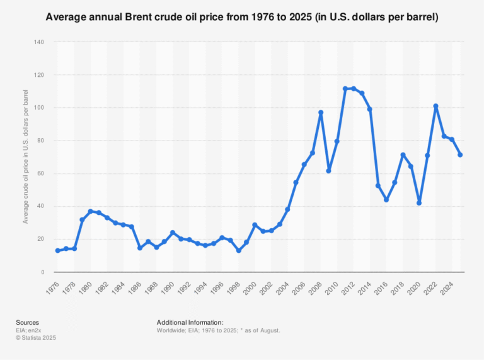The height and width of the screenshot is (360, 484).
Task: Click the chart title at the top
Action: [242, 16]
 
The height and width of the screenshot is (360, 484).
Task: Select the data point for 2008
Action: [321, 112]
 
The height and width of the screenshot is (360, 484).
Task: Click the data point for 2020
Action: [419, 203]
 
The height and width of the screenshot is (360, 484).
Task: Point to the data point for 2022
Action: [435, 106]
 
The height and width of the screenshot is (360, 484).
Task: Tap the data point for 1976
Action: [57, 250]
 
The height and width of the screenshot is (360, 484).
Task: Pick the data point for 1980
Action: [90, 211]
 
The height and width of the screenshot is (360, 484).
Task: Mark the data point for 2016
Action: [386, 199]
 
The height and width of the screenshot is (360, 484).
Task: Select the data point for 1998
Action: [238, 250]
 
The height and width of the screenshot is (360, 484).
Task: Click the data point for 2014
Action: [370, 109]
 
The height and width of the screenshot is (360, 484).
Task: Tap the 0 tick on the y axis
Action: [42, 272]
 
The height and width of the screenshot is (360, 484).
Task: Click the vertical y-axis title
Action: [26, 157]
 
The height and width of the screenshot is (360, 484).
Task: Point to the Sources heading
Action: [27, 322]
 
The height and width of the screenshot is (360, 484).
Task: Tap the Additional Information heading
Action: [190, 322]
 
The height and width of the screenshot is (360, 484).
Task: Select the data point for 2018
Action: [403, 154]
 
